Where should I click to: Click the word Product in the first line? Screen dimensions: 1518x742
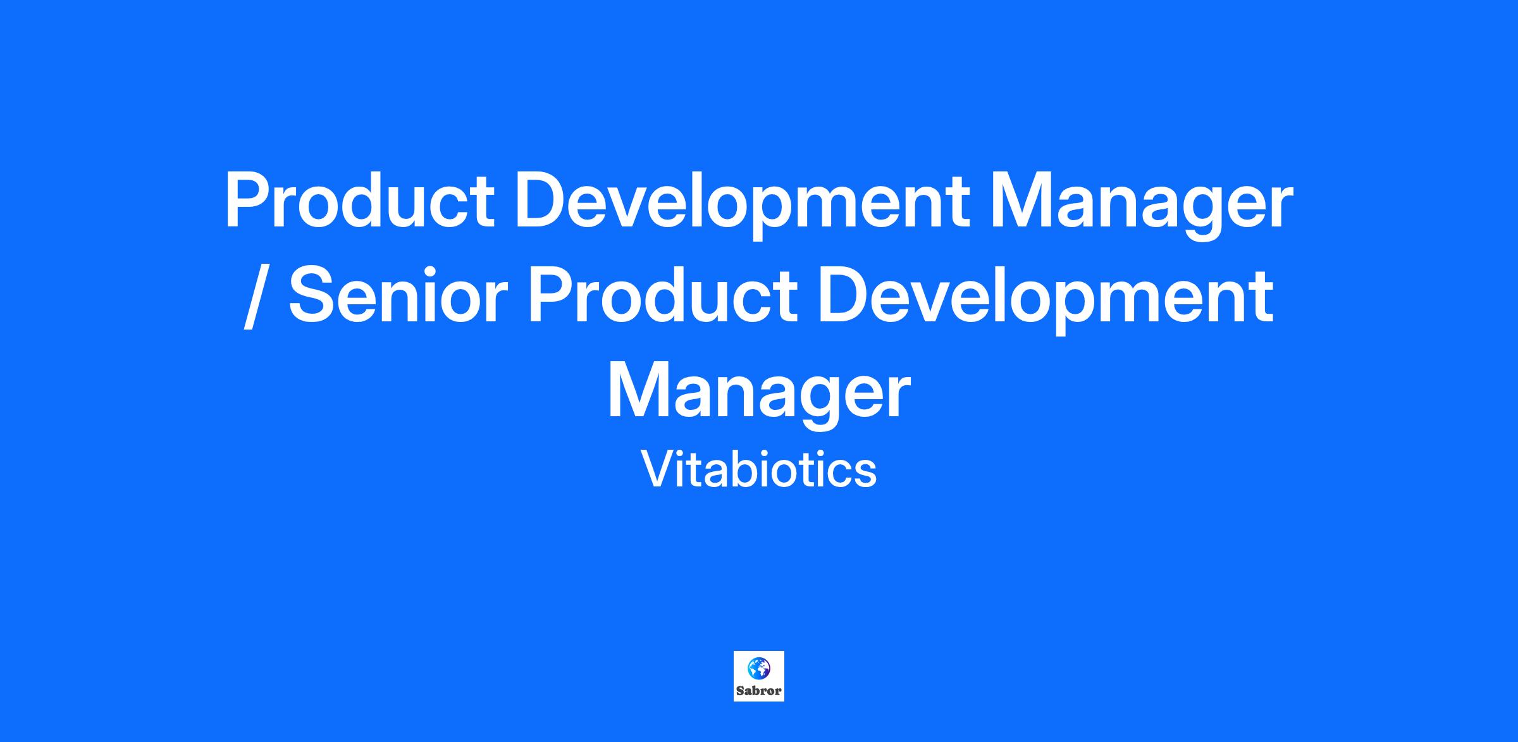click(x=359, y=202)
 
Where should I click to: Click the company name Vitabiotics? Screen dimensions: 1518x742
click(x=759, y=469)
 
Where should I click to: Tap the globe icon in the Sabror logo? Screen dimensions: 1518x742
click(x=759, y=667)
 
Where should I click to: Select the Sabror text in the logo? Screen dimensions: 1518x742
click(x=759, y=691)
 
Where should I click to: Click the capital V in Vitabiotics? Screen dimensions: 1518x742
click(x=658, y=469)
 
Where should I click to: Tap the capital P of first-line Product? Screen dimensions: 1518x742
click(x=249, y=202)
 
